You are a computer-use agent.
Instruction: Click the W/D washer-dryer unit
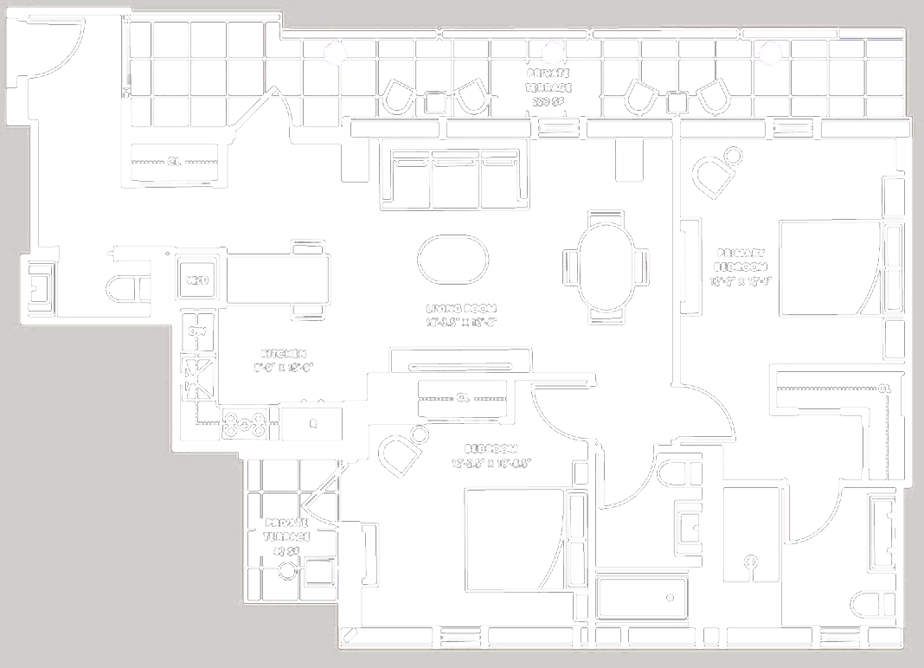click(x=195, y=279)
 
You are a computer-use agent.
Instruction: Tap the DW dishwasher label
click(x=196, y=331)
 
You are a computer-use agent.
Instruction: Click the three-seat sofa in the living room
click(x=456, y=178)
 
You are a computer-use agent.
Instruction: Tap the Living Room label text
click(x=460, y=314)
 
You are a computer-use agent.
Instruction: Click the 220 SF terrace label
click(x=549, y=87)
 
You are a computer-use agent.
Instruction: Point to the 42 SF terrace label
click(x=286, y=536)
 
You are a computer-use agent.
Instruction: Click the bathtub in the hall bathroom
click(x=642, y=598)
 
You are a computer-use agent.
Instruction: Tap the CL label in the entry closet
click(x=176, y=161)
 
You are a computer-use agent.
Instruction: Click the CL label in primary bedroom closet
click(x=883, y=389)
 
